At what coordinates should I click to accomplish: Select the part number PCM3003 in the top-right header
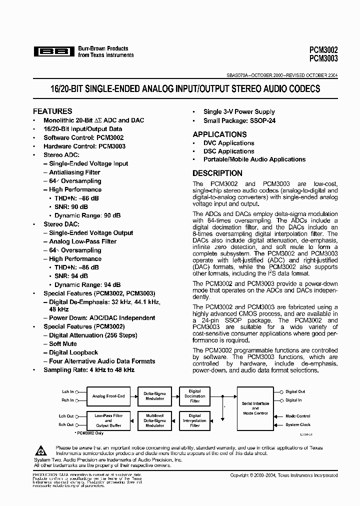pos(323,58)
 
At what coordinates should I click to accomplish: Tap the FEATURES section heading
pos(52,111)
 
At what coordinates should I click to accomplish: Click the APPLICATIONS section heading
pos(219,134)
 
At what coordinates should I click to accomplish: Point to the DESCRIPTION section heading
pos(217,173)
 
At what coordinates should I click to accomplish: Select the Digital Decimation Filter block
pos(194,396)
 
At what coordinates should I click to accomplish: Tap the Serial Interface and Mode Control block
pos(255,408)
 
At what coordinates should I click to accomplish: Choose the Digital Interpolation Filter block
pos(194,420)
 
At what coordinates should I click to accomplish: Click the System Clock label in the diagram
pos(298,425)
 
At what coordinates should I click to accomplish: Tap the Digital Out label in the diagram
pos(295,392)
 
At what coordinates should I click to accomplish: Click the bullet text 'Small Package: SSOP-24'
pos(239,120)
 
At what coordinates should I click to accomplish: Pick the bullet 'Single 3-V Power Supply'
pos(239,112)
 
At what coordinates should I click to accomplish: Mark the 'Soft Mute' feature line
pos(63,344)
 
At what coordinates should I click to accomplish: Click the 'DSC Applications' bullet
pos(228,151)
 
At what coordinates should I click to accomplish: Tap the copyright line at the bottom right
pos(283,475)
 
